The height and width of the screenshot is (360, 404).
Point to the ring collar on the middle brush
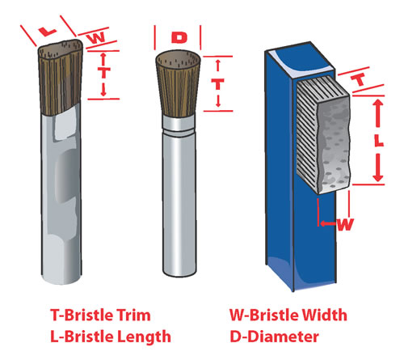179,128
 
